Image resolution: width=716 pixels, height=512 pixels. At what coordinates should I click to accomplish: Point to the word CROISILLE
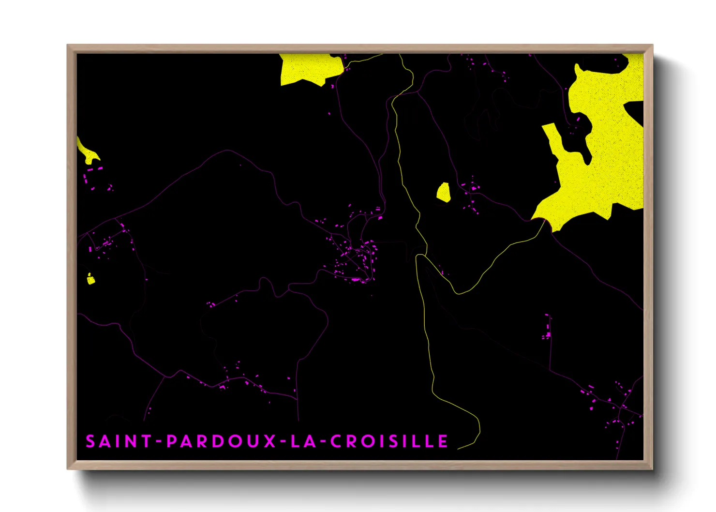point(389,441)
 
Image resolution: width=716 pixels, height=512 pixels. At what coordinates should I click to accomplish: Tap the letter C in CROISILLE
point(337,441)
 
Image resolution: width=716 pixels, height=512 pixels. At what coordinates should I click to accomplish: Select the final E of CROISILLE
point(443,441)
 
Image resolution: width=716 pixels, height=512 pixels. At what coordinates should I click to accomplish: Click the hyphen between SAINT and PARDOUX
point(158,442)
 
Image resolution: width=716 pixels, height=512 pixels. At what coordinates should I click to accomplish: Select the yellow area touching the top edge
point(307,68)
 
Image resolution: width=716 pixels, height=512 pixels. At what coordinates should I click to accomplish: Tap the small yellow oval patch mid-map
point(444,192)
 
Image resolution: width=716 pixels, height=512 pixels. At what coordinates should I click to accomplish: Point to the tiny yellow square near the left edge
point(90,279)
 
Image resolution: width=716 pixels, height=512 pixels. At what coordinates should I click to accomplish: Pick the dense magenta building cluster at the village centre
point(358,256)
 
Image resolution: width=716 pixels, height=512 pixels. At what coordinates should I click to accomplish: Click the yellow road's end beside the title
point(459,448)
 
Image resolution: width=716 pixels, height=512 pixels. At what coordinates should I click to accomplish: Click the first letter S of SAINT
point(90,441)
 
